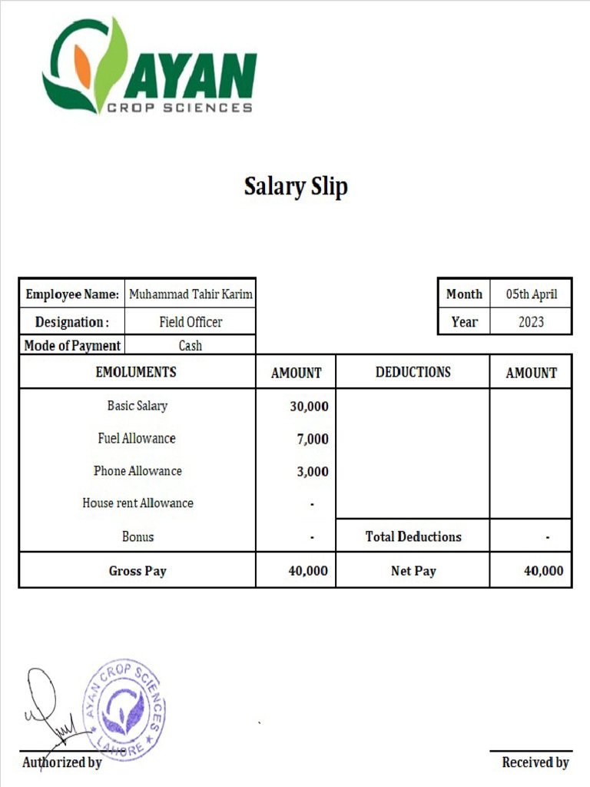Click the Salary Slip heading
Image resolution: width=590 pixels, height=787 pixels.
click(296, 186)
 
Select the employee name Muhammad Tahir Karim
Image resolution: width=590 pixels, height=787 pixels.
click(191, 294)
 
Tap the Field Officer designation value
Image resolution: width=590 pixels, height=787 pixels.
click(191, 322)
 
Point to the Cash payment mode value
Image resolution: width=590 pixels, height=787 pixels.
click(191, 346)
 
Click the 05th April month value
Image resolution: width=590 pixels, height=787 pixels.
click(531, 294)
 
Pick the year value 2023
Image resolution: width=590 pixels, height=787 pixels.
click(531, 322)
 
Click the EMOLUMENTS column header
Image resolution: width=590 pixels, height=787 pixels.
click(136, 372)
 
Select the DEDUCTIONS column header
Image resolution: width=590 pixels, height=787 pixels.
click(413, 372)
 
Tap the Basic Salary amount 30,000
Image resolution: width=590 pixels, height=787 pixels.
click(309, 407)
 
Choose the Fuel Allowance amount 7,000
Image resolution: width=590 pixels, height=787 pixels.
click(312, 440)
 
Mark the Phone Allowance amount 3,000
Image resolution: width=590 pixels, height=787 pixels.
click(312, 472)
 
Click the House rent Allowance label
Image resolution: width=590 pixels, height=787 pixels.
click(138, 503)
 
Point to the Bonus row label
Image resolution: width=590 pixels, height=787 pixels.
click(138, 537)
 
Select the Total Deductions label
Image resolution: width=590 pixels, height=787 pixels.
click(413, 537)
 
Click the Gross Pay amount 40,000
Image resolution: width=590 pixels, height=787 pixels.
click(308, 571)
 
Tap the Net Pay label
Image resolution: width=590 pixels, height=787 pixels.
click(413, 571)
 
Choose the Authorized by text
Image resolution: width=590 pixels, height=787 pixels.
click(61, 763)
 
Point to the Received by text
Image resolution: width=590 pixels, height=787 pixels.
click(535, 762)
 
